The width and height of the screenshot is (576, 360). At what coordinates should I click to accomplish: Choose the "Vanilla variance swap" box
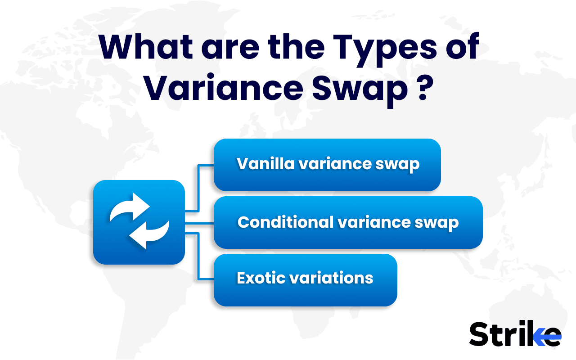[x=327, y=165]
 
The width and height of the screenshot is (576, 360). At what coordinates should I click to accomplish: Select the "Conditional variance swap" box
[x=348, y=222]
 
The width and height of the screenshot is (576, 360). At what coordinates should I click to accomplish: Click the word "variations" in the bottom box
[x=330, y=278]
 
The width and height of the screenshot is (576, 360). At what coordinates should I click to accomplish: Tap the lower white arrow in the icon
[x=148, y=234]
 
